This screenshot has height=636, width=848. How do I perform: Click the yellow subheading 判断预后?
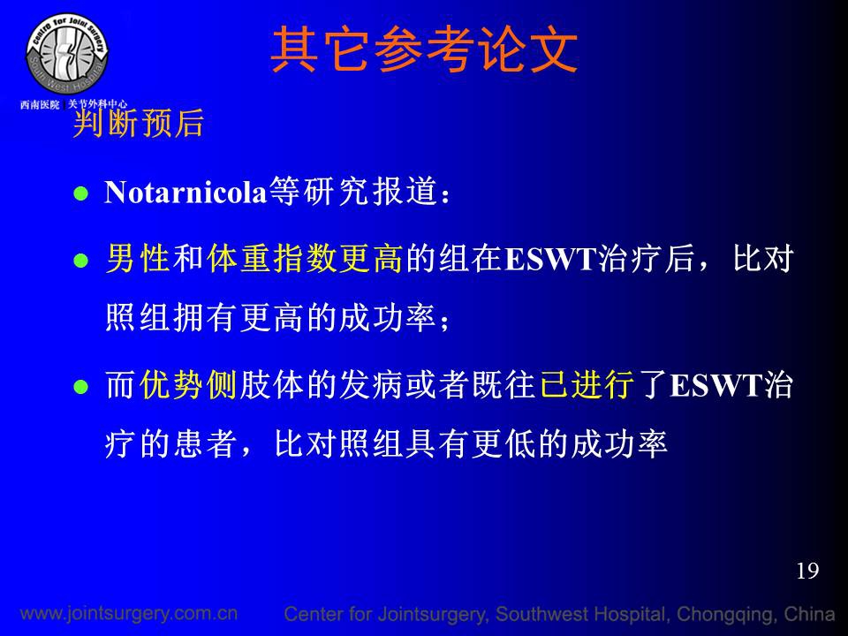pyautogui.click(x=139, y=123)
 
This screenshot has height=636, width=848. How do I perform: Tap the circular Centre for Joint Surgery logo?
pyautogui.click(x=67, y=54)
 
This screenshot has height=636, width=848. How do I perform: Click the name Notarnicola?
pyautogui.click(x=185, y=192)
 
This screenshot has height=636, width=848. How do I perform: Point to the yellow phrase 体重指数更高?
pyautogui.click(x=305, y=258)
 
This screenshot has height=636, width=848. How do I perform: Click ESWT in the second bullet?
pyautogui.click(x=550, y=259)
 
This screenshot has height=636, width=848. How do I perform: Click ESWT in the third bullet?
pyautogui.click(x=716, y=385)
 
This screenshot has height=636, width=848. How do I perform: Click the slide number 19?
pyautogui.click(x=807, y=571)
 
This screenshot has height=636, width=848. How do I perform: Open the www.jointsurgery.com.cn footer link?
pyautogui.click(x=129, y=613)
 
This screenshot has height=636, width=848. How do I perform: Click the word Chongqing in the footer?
pyautogui.click(x=726, y=615)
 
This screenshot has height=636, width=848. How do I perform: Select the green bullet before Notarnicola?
pyautogui.click(x=80, y=193)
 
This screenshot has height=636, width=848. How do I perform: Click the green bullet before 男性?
pyautogui.click(x=80, y=261)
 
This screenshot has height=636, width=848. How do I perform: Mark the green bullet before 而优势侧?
pyautogui.click(x=80, y=387)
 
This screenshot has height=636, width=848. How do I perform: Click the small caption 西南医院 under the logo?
pyautogui.click(x=40, y=104)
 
